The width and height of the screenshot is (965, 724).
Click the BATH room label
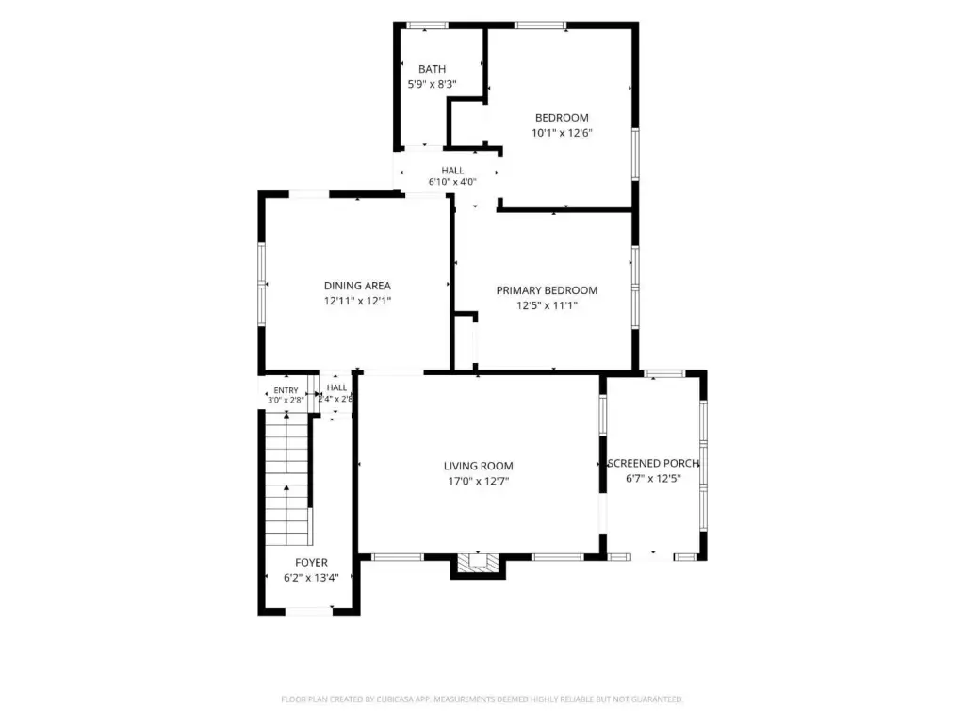(x=432, y=69)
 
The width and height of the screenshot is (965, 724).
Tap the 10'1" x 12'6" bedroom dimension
(x=562, y=133)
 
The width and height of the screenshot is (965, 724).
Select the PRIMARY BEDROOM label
(x=548, y=290)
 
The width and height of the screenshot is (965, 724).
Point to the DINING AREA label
(x=357, y=286)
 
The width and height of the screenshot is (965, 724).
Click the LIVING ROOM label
(x=478, y=466)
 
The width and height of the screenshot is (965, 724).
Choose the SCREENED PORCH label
(x=654, y=464)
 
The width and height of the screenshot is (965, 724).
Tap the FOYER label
(x=311, y=563)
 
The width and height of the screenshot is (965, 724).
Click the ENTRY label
(x=286, y=390)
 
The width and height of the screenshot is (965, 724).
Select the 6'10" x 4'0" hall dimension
(x=452, y=182)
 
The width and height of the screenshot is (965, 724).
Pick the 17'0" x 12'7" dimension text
(x=478, y=482)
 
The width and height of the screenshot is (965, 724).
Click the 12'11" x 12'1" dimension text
(x=357, y=301)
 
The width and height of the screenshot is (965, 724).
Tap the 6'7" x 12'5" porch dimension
(x=654, y=479)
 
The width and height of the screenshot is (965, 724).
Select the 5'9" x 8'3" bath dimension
(x=432, y=84)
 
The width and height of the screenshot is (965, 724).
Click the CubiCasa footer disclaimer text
(x=482, y=699)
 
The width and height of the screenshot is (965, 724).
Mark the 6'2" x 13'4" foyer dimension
(x=311, y=578)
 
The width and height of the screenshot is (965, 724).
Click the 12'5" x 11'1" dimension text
(x=548, y=306)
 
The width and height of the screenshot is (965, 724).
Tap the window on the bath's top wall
(x=427, y=25)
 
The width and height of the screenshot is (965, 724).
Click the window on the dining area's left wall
(x=262, y=284)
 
